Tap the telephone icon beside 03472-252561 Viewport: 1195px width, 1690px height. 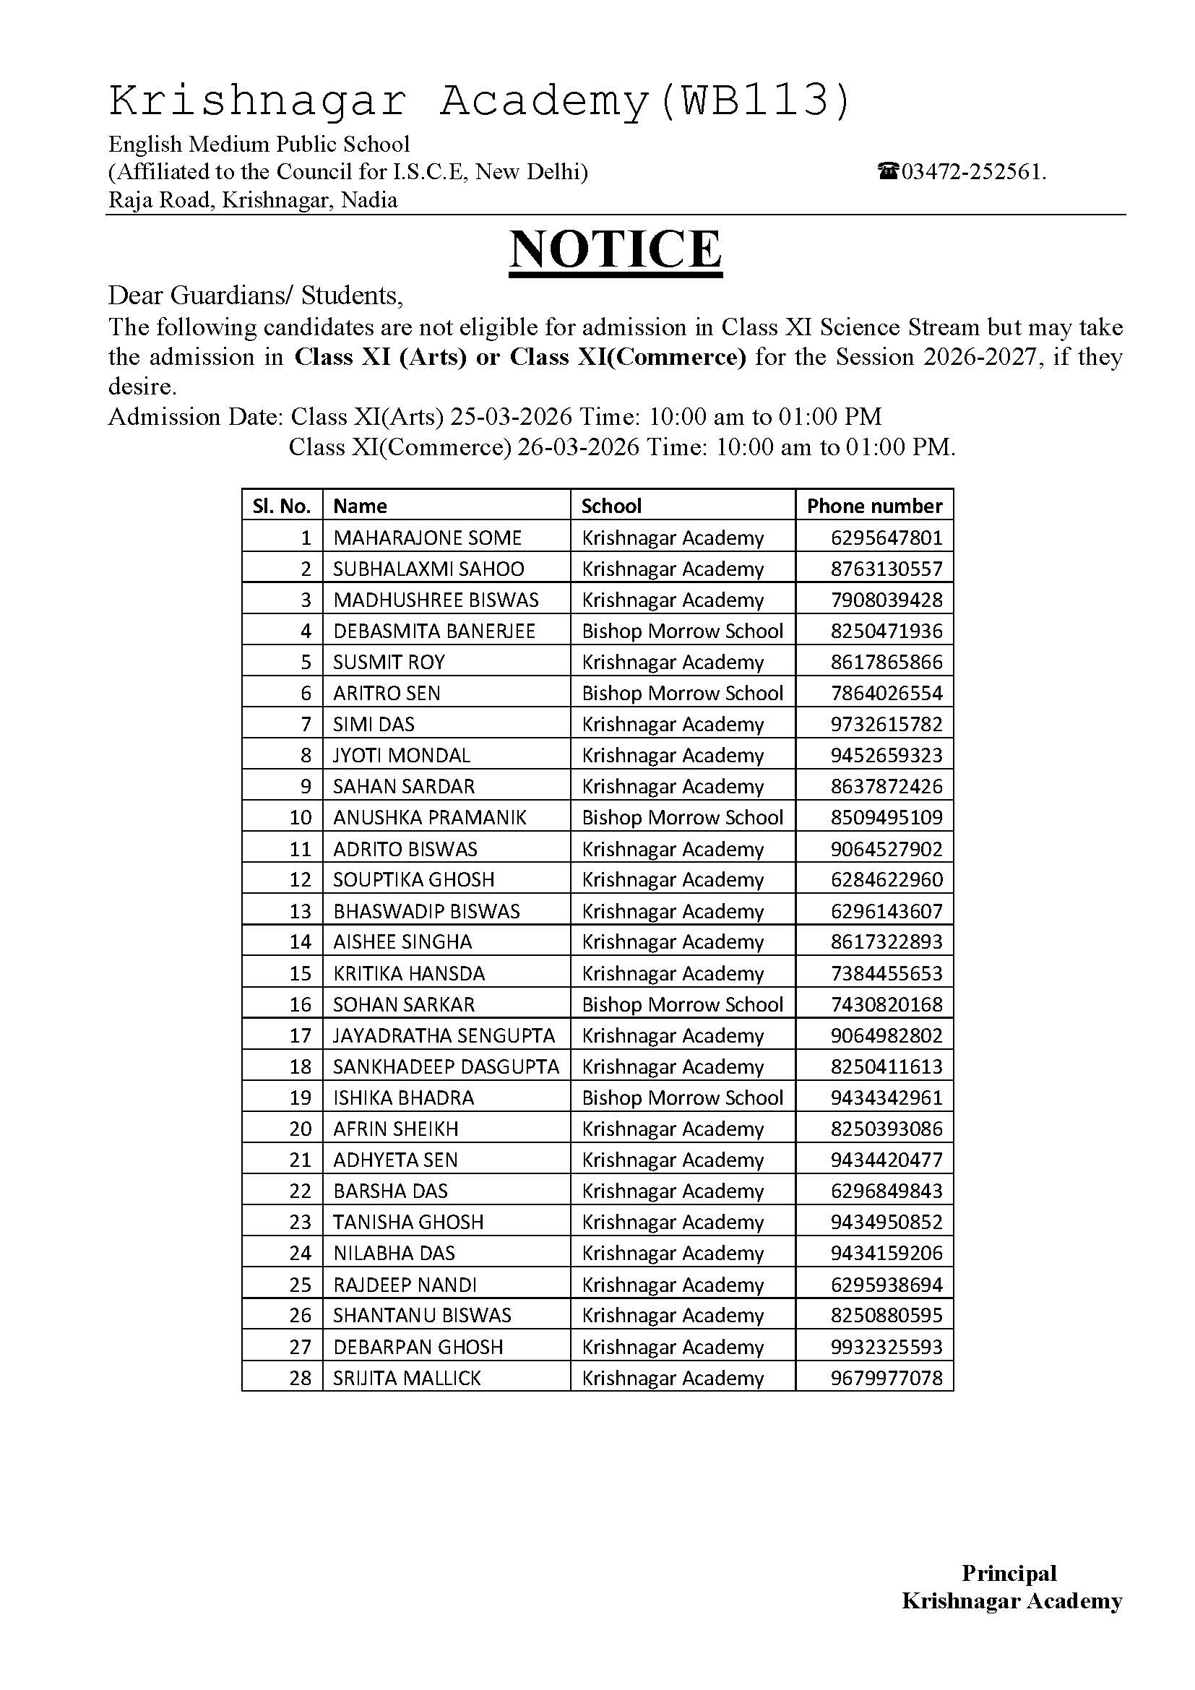pyautogui.click(x=888, y=172)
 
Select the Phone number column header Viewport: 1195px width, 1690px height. pyautogui.click(x=874, y=506)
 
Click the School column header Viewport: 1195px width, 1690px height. pyautogui.click(x=611, y=506)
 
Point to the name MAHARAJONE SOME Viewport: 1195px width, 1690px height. pyautogui.click(x=428, y=538)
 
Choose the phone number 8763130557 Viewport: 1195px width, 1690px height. pyautogui.click(x=886, y=569)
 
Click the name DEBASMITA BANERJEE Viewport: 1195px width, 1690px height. pyautogui.click(x=434, y=631)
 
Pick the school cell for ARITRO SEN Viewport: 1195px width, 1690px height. pyautogui.click(x=682, y=693)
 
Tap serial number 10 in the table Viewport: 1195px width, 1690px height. pyautogui.click(x=301, y=817)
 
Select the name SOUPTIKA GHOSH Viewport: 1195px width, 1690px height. pyautogui.click(x=413, y=879)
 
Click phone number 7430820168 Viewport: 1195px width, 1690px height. pyautogui.click(x=886, y=1004)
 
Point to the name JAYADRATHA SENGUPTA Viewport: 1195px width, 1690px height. pyautogui.click(x=444, y=1035)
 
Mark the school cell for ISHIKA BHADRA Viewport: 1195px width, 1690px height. pyautogui.click(x=682, y=1098)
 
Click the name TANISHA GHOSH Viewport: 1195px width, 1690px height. pyautogui.click(x=408, y=1222)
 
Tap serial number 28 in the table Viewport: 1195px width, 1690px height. pyautogui.click(x=301, y=1378)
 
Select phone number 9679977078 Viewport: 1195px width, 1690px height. pyautogui.click(x=886, y=1378)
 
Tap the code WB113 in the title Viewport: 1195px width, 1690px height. pyautogui.click(x=754, y=100)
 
